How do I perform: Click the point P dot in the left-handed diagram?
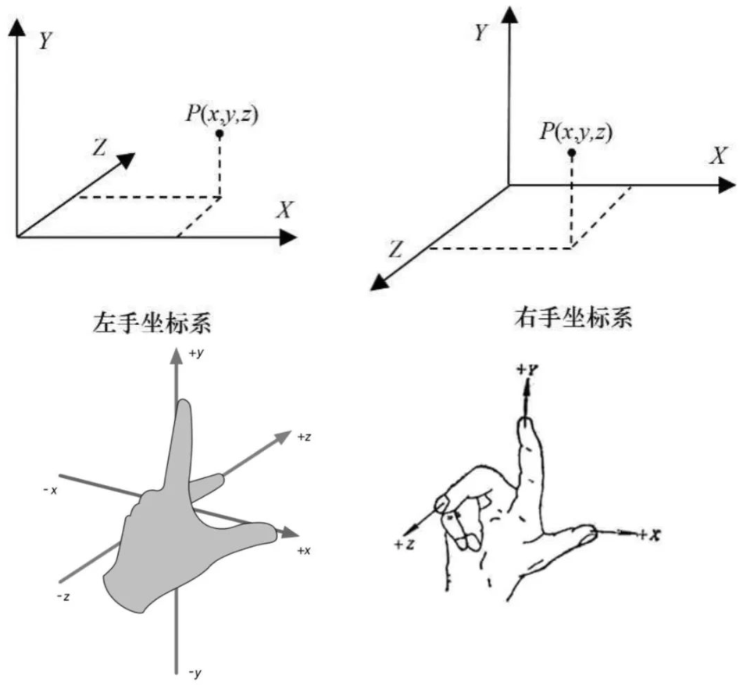pyautogui.click(x=221, y=134)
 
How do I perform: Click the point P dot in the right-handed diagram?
pyautogui.click(x=571, y=152)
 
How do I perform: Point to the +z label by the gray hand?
pyautogui.click(x=305, y=438)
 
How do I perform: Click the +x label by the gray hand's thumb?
pyautogui.click(x=305, y=550)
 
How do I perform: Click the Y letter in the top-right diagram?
pyautogui.click(x=482, y=33)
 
